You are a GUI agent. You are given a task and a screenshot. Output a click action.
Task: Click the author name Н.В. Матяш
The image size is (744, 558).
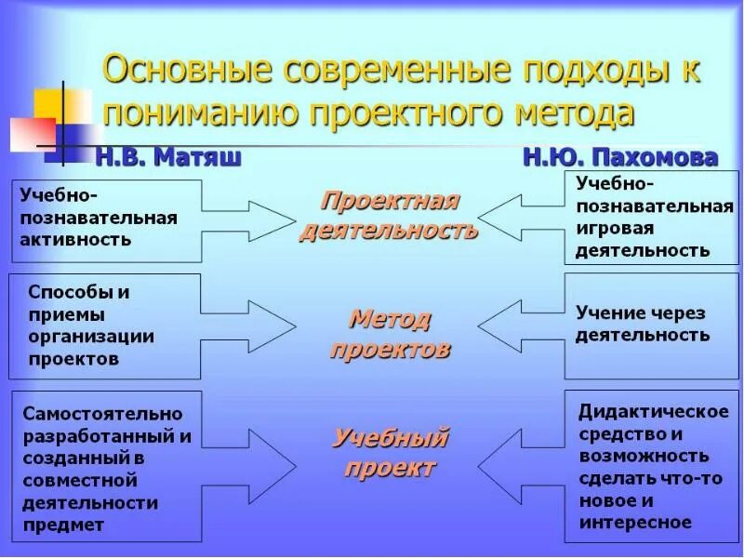point(167,156)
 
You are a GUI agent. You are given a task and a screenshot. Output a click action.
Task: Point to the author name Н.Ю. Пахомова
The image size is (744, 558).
point(619,156)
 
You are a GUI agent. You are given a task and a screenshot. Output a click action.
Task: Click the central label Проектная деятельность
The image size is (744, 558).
point(389,216)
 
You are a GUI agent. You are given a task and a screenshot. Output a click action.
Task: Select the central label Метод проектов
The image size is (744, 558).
point(390,335)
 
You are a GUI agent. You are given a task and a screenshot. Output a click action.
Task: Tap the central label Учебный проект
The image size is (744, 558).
point(390,452)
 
